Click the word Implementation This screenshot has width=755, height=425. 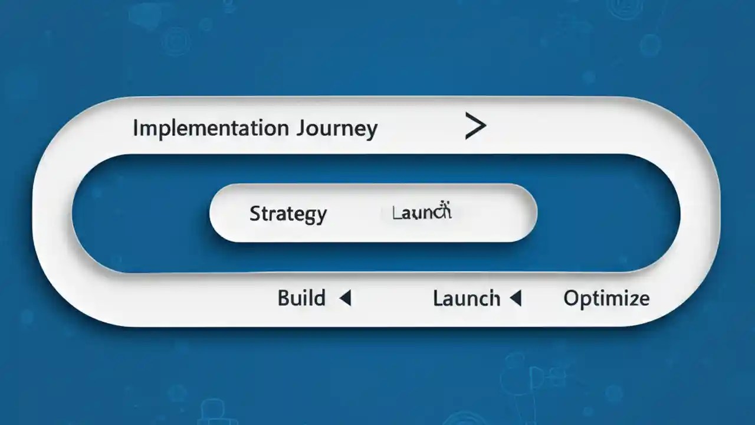[211, 128]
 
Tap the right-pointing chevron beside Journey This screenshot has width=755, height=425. [475, 126]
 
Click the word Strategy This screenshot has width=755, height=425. [288, 214]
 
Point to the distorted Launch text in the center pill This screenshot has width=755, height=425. [422, 212]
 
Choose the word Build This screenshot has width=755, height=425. [301, 298]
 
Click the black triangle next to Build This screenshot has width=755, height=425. [346, 299]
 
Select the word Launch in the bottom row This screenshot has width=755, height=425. [467, 299]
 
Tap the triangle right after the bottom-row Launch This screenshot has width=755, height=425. [516, 299]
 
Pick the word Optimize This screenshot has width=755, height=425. [606, 299]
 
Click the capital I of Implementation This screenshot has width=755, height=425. [135, 127]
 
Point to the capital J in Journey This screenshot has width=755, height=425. [303, 128]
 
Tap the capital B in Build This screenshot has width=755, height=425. [284, 298]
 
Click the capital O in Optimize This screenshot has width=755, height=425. [571, 298]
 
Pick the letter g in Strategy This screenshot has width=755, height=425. [310, 216]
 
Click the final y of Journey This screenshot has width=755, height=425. [371, 131]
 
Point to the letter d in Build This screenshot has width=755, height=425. [319, 297]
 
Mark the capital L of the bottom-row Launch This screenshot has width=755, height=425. [438, 298]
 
